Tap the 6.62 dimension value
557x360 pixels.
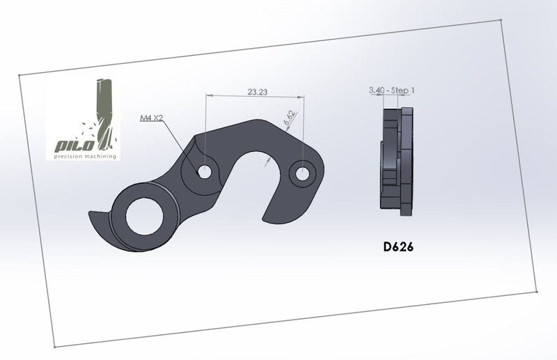(289, 118)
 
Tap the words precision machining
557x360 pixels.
(83, 156)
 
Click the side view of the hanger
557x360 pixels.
(397, 159)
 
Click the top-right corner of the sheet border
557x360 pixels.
(502, 20)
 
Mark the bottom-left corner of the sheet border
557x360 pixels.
(54, 346)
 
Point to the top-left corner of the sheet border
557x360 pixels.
(19, 74)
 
